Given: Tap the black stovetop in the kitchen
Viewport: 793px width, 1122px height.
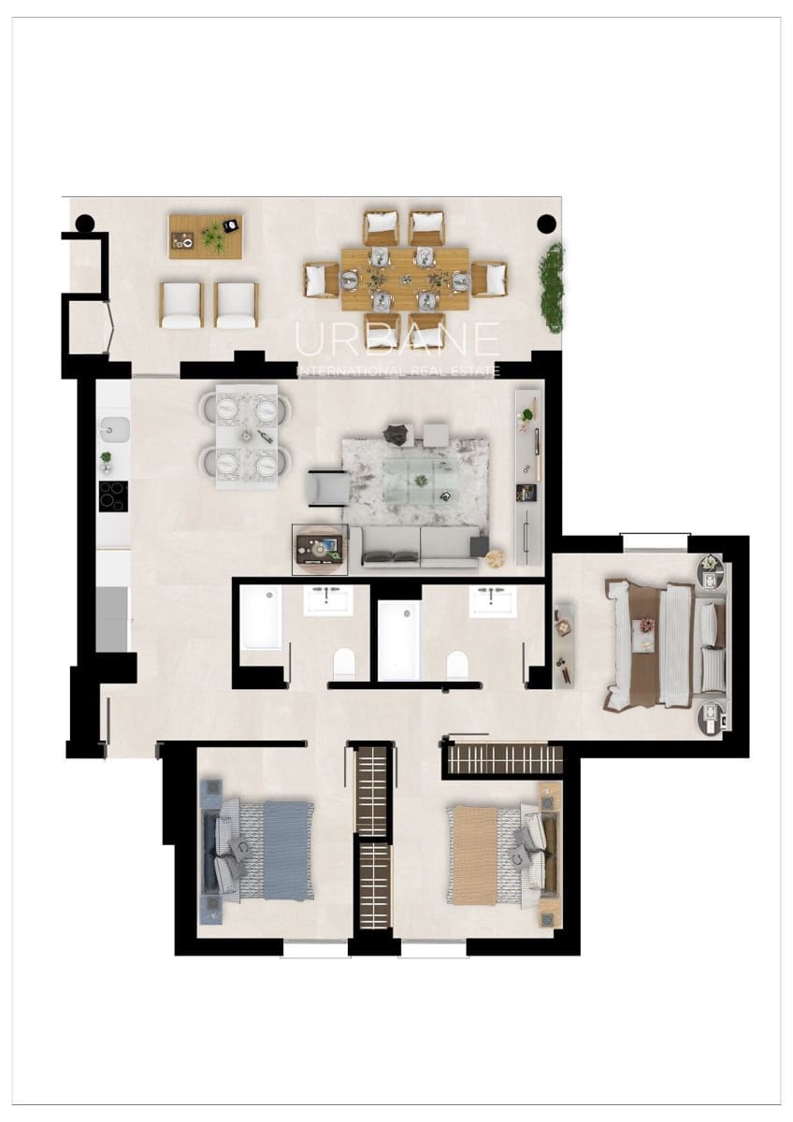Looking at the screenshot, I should (x=113, y=496).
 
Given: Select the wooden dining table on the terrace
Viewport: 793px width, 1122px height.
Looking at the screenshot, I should (x=404, y=279).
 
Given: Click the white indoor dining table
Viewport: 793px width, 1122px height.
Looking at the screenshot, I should (x=247, y=436).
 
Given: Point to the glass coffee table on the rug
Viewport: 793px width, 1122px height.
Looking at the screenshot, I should (x=424, y=482).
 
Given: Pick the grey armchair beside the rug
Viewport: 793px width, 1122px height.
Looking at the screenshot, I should (x=326, y=488).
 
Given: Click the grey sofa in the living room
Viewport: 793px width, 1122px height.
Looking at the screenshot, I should (x=420, y=547).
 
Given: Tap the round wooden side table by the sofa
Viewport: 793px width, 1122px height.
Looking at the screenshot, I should (x=495, y=558).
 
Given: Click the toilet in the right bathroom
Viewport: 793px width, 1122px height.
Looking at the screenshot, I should (x=457, y=664).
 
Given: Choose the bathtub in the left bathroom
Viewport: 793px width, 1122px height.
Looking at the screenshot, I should (x=260, y=617).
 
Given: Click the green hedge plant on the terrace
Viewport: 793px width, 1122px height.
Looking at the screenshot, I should (x=554, y=287).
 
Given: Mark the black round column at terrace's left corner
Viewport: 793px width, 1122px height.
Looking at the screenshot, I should (x=84, y=223).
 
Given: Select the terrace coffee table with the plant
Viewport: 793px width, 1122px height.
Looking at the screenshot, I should (x=206, y=237).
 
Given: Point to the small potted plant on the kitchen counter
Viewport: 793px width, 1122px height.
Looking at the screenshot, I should (x=106, y=459).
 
